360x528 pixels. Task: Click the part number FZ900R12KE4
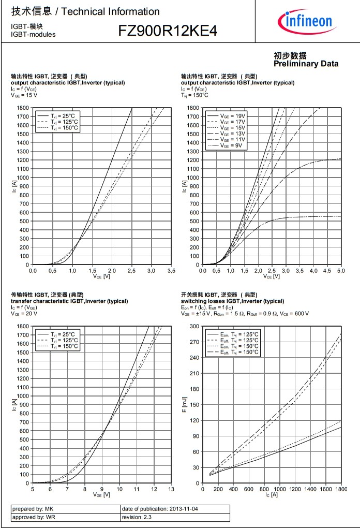coord(168,32)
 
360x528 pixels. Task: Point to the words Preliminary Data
coord(306,64)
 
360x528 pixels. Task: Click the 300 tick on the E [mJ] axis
coord(194,326)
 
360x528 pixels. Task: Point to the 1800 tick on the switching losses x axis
coord(341,489)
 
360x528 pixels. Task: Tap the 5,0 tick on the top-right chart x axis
coord(341,270)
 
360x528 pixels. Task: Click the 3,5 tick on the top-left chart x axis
coord(171,270)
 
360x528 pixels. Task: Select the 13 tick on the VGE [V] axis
coord(171,489)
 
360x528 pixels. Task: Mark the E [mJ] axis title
coord(185,404)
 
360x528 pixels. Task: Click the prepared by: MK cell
coord(65,509)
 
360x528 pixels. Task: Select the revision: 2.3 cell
coord(175,517)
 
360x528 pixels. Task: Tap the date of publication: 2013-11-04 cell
coord(175,509)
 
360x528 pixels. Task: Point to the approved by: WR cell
coord(65,517)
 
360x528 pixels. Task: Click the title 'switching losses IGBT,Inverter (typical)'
coord(232,301)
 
